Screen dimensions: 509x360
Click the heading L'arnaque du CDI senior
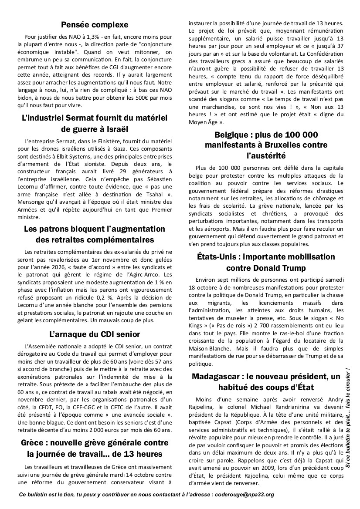coord(95,334)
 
